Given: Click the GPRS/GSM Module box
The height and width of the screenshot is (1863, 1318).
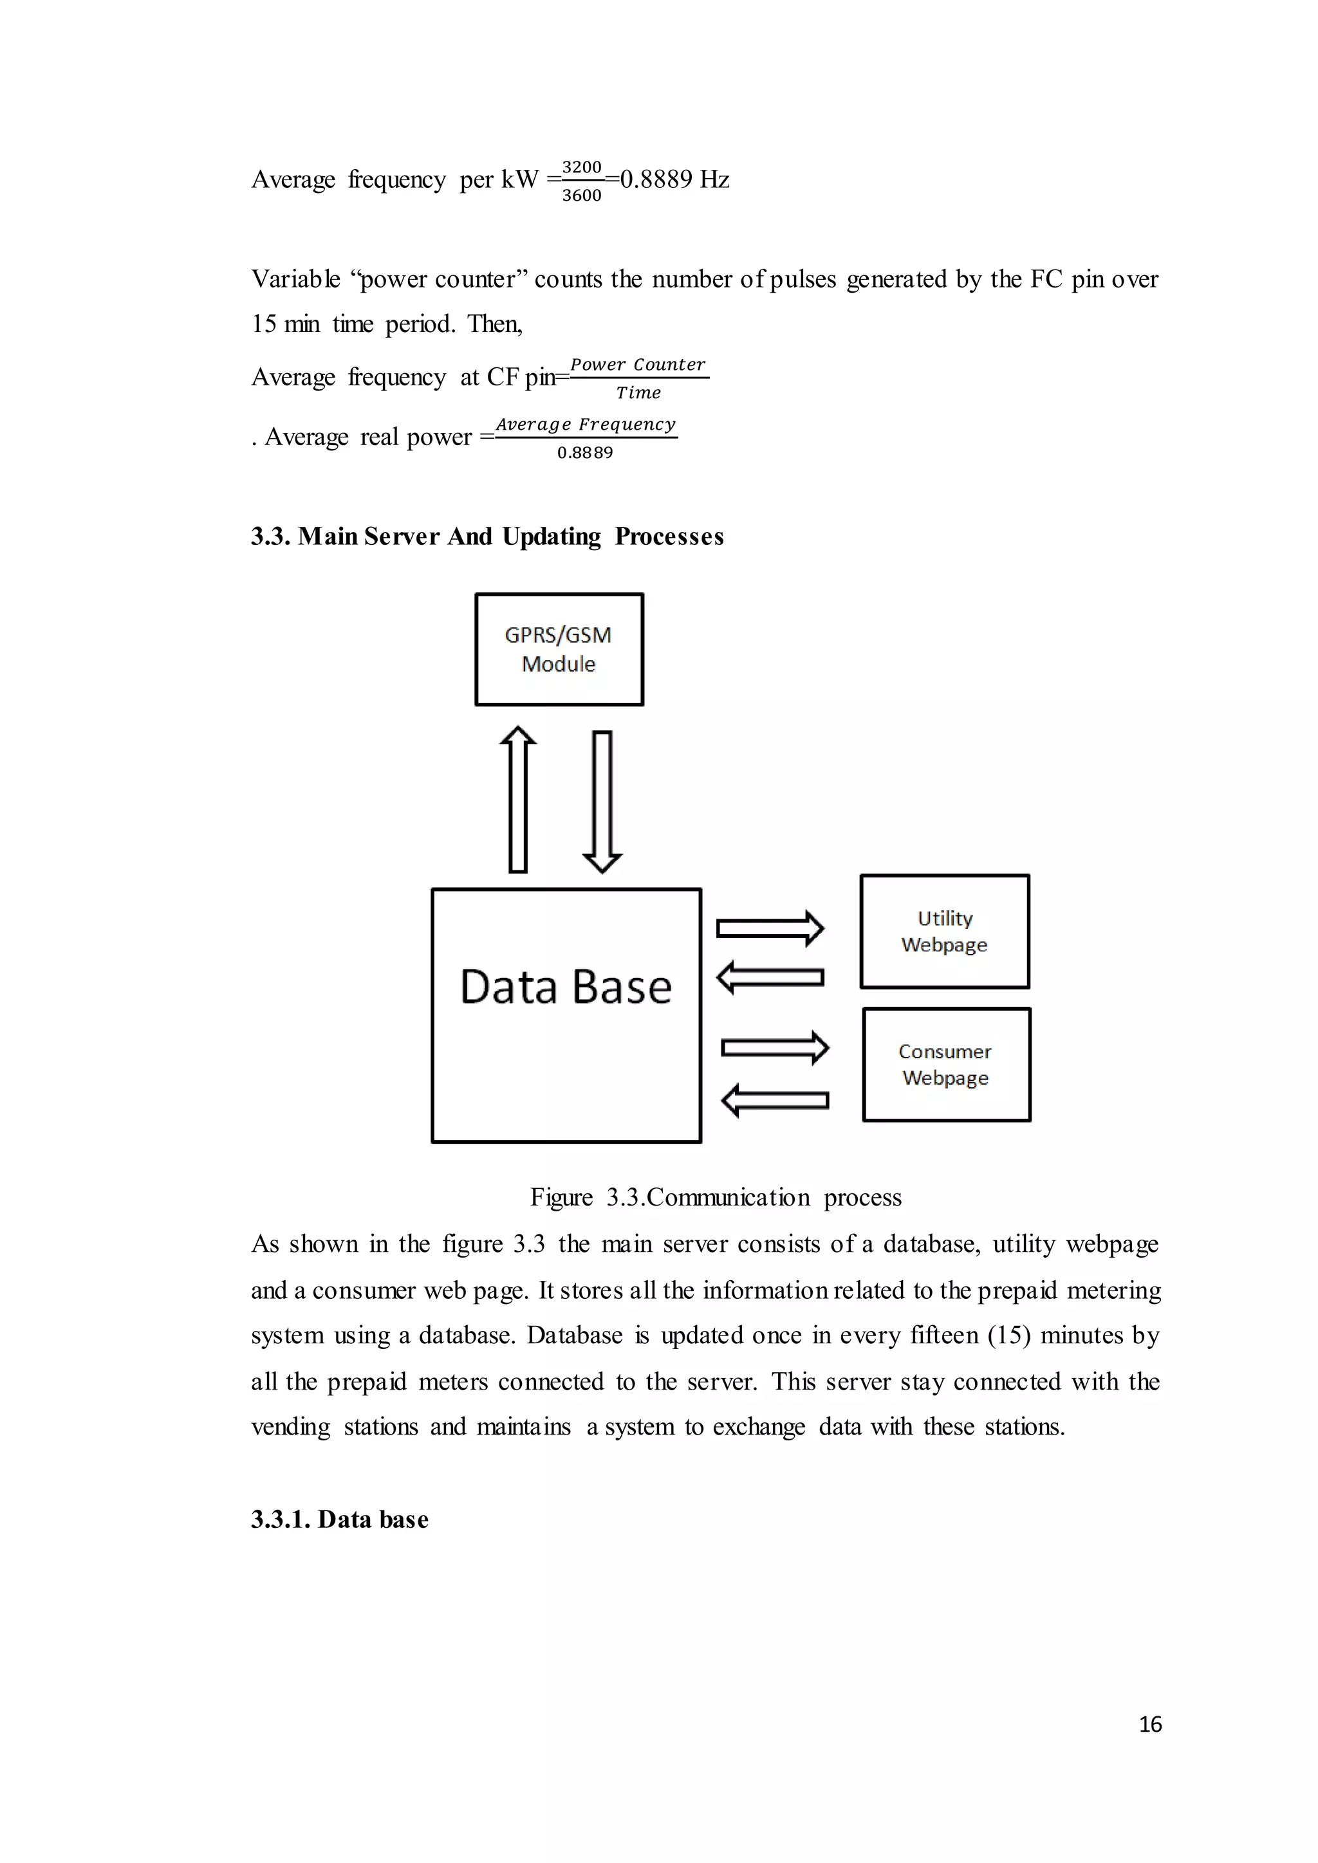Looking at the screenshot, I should click(x=559, y=649).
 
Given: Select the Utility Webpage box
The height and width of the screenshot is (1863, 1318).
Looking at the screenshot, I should click(x=945, y=931).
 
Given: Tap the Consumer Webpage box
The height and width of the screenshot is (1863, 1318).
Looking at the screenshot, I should click(x=946, y=1065).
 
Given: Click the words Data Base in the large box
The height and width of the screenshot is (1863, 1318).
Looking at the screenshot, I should click(x=566, y=987).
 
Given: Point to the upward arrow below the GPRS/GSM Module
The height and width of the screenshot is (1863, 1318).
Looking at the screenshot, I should click(x=518, y=799).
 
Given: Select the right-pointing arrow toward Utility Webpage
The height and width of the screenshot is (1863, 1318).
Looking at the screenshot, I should click(x=770, y=928).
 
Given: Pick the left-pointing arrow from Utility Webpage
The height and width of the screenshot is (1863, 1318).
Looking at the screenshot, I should click(x=770, y=977).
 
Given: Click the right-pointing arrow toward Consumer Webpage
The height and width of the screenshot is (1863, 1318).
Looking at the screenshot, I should click(x=775, y=1047).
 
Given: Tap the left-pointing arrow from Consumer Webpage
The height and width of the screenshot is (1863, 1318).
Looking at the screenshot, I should click(x=775, y=1100).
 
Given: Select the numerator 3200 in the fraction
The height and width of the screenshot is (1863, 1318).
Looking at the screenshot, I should click(x=582, y=167).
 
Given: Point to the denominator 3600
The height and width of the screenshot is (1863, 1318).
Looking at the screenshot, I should click(x=582, y=196).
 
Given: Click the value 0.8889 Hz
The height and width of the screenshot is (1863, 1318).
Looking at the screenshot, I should click(x=674, y=179).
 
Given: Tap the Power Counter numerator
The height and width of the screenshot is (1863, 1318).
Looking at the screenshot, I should click(x=638, y=364).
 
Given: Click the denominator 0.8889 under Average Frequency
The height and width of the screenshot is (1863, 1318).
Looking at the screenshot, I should click(x=585, y=453).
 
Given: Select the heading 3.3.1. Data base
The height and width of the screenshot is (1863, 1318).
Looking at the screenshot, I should click(x=339, y=1519).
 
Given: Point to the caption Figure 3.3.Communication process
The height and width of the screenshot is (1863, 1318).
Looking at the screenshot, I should click(x=716, y=1197).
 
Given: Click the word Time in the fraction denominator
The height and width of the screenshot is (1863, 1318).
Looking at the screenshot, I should click(x=638, y=392).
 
